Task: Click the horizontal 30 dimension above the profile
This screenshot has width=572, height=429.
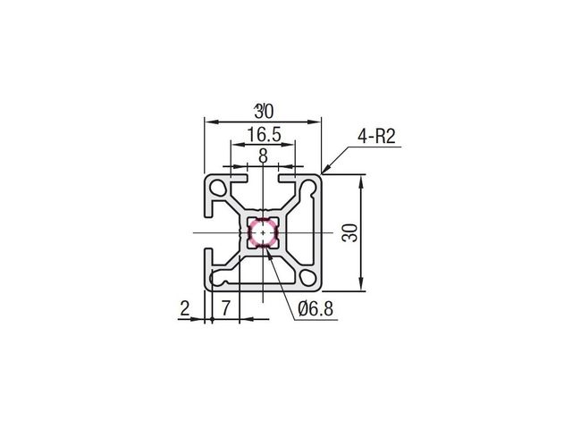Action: pos(264,111)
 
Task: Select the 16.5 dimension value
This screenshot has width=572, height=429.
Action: pos(265,135)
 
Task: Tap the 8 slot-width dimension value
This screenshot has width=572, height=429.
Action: pos(263,156)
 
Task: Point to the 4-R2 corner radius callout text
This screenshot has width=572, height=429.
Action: pos(376,137)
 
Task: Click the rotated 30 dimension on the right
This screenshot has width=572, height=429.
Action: pos(349,233)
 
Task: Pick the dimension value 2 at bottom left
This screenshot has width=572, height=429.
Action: pos(185,308)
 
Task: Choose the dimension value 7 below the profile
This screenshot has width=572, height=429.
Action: pos(226,308)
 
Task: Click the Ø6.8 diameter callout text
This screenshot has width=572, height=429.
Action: pos(315,309)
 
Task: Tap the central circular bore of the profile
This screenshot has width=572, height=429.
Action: pos(263,232)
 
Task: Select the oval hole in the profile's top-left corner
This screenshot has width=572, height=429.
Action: pos(218,188)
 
